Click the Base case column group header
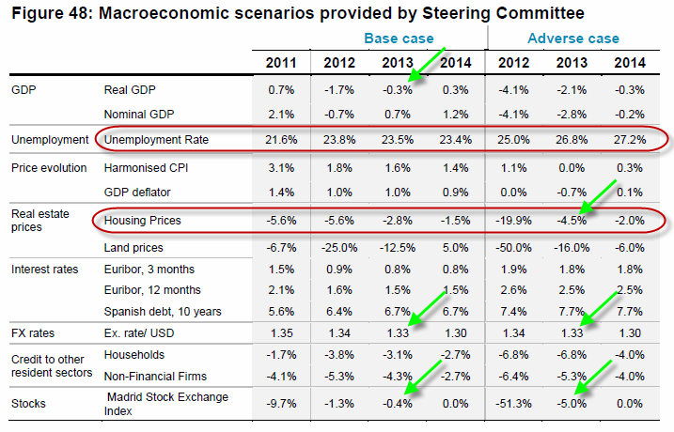click(x=399, y=39)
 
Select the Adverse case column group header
click(x=572, y=39)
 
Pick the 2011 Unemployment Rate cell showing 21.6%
click(x=281, y=140)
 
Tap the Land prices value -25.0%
click(x=338, y=247)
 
